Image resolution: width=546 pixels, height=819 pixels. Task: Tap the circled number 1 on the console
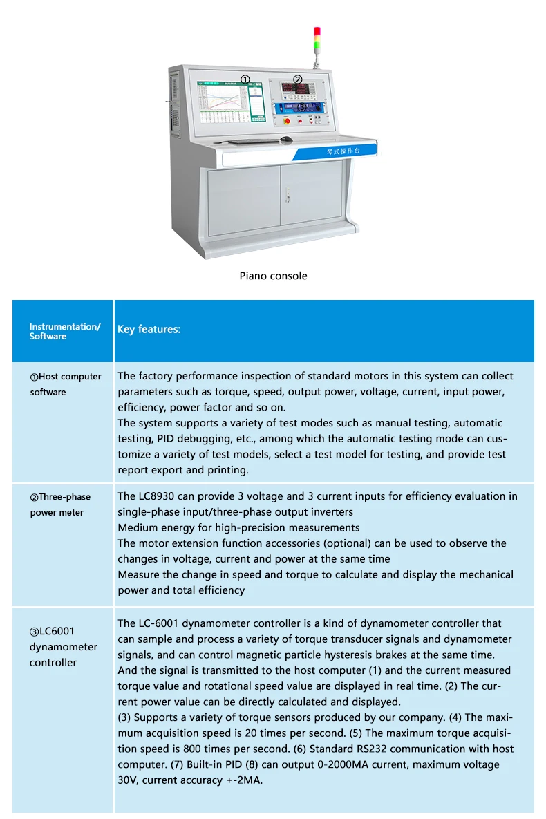click(x=245, y=79)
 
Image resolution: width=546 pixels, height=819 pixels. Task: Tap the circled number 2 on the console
click(x=298, y=79)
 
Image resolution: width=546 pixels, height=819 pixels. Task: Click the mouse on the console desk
click(x=286, y=139)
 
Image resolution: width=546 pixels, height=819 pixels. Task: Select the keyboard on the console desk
click(x=250, y=141)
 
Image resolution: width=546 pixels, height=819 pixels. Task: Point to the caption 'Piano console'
click(x=273, y=276)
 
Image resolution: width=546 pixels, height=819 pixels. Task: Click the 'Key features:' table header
click(x=149, y=330)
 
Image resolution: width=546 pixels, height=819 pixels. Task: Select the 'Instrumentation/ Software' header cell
click(x=64, y=331)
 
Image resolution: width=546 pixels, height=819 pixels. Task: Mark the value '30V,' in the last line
click(x=130, y=780)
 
